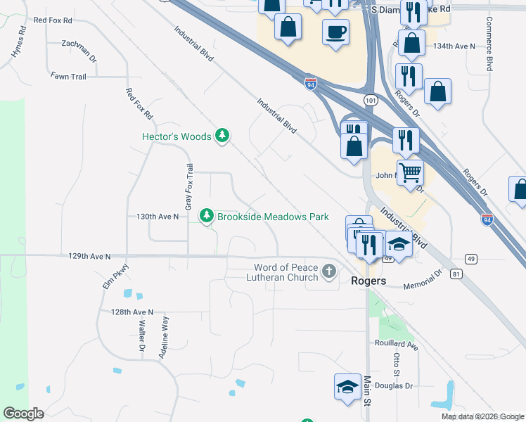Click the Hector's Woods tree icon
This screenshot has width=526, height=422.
pos(222,136)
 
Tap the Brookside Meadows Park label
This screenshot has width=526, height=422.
pos(273,217)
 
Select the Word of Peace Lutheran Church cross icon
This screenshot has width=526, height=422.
pos(328,271)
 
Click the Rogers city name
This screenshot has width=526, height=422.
pos(368,281)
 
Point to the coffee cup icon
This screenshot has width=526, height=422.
pos(335,32)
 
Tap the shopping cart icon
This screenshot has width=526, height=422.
pos(410,171)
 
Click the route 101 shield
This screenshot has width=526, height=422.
pos(369,101)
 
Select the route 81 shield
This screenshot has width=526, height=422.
pos(457,274)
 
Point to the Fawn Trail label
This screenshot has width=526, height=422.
pos(68,76)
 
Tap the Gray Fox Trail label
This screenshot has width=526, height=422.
pos(188,187)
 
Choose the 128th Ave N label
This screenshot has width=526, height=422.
pos(131,312)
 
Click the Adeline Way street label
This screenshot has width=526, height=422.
pos(165,338)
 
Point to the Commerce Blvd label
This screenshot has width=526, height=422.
pos(489,43)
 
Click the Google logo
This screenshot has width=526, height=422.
pos(23,414)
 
